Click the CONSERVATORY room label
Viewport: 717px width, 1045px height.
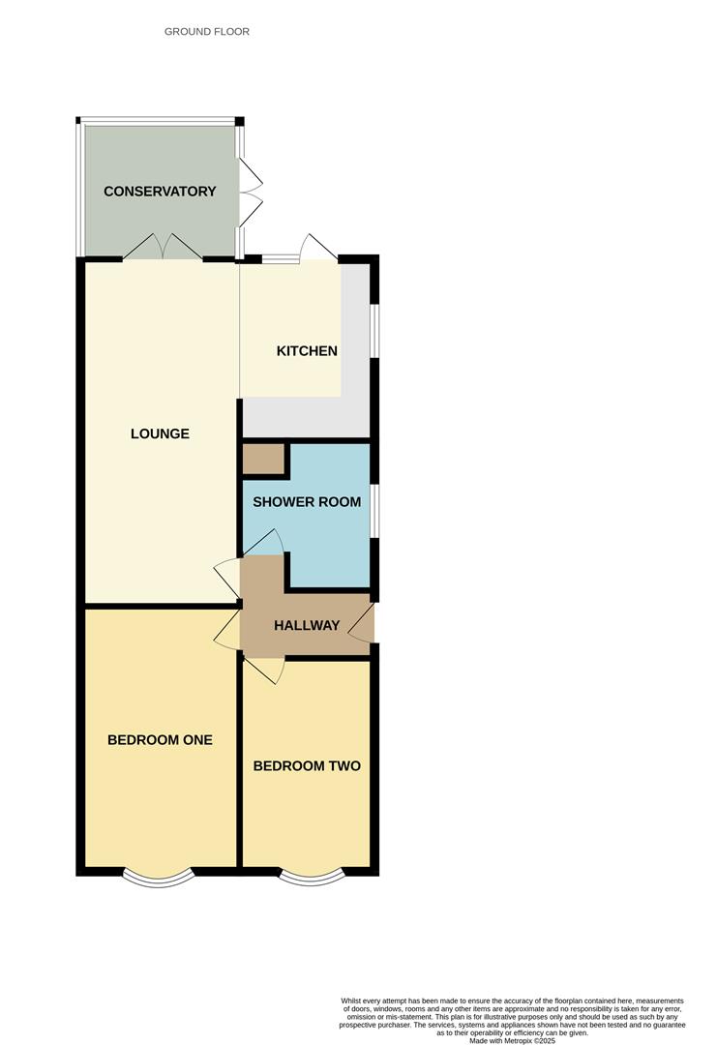pos(160,192)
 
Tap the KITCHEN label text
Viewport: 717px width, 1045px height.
pos(307,350)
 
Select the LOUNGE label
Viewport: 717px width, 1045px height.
pos(160,433)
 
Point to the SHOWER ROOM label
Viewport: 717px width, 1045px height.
pos(307,502)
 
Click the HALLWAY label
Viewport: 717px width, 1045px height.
pos(307,625)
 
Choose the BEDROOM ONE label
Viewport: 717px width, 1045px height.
pos(160,740)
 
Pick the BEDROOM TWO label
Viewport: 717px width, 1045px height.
pos(307,766)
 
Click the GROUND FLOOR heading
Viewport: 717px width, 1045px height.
pos(207,32)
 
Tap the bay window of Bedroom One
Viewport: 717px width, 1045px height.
pos(160,877)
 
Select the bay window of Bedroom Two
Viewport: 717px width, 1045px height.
pos(312,877)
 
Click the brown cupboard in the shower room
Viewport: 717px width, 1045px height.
pos(262,460)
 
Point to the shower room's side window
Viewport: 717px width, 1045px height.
pos(374,509)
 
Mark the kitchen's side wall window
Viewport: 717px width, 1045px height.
pos(374,332)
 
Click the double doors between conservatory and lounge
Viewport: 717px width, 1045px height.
pos(163,248)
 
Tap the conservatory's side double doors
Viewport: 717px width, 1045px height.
pos(250,191)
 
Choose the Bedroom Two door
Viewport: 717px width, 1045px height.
pos(264,669)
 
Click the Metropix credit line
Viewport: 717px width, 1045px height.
pos(512,1040)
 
